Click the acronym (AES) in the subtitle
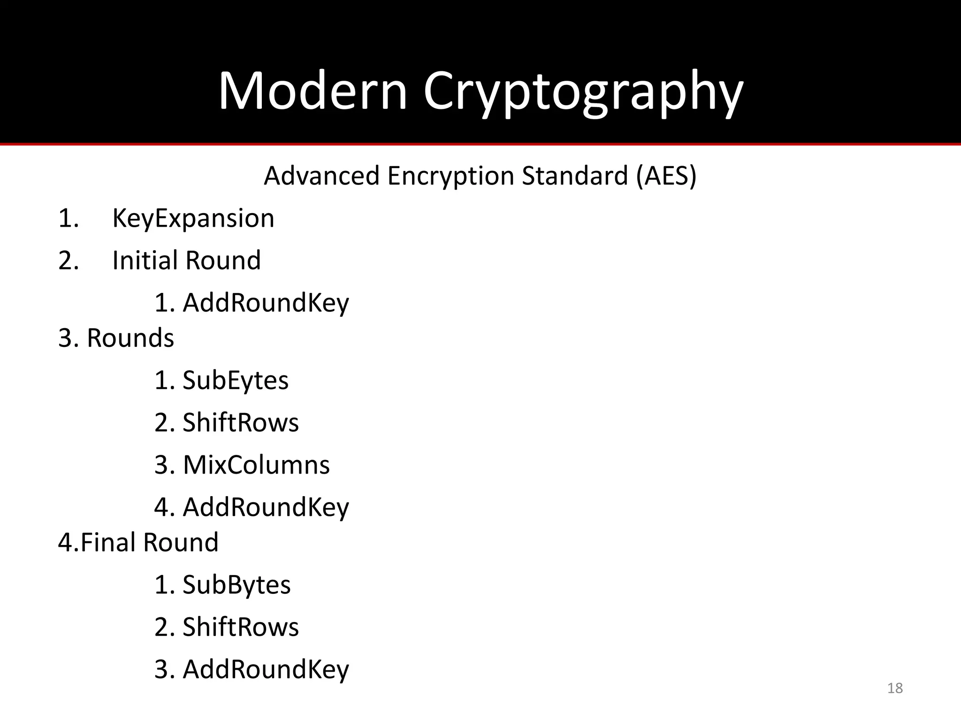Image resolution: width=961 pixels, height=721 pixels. pos(666,176)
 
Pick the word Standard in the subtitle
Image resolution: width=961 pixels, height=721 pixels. pos(575,176)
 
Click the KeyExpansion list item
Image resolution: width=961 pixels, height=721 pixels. pos(193,219)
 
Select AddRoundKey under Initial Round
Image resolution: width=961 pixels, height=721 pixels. pos(266,303)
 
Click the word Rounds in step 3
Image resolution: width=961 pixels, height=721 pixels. pos(130,338)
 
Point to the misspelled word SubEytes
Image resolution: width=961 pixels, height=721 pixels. pos(236,381)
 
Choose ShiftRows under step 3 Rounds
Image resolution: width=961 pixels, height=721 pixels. pos(240,422)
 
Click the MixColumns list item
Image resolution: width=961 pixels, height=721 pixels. pos(256,465)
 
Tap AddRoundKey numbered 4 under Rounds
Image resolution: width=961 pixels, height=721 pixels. pos(266,508)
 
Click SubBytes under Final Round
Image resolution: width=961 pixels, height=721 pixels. pos(236,585)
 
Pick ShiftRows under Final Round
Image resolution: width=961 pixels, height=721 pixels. pos(240,627)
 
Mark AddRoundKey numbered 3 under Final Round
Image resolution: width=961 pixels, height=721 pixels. pos(266,670)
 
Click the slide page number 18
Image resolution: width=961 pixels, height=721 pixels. pos(895,688)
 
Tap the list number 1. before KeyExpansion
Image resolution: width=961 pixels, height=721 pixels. pos(69,219)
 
